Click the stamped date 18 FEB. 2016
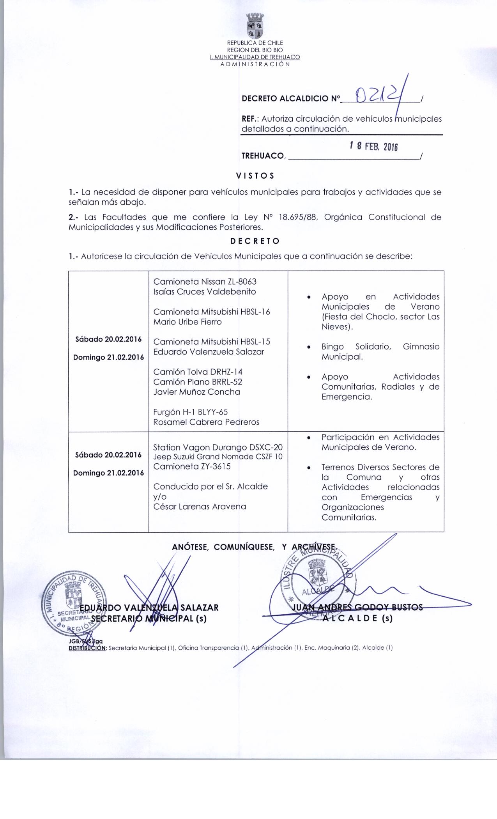(x=373, y=147)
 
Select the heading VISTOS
(x=255, y=175)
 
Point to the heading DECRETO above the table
(x=255, y=241)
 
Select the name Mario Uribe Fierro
(x=187, y=322)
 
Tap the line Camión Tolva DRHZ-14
(x=198, y=372)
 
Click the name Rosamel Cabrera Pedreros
(x=206, y=422)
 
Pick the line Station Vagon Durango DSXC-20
(x=218, y=447)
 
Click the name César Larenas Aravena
(x=200, y=507)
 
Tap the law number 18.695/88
(x=299, y=217)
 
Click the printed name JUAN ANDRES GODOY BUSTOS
(x=357, y=607)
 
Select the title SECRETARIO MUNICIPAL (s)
(x=149, y=619)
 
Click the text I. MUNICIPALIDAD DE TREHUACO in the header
(x=255, y=57)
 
